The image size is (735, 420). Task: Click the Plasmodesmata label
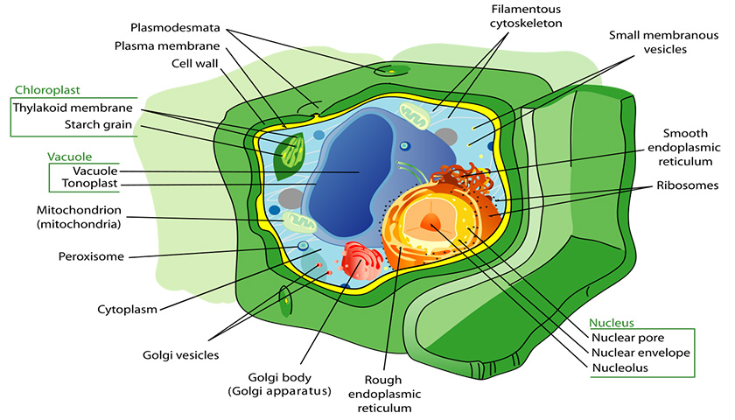[x=175, y=28]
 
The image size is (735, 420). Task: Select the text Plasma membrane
[x=167, y=45]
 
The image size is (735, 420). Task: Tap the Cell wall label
[x=194, y=63]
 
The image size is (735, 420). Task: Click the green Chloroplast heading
[x=47, y=90]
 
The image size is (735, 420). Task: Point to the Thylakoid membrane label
[x=73, y=108]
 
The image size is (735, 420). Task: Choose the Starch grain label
[x=98, y=124]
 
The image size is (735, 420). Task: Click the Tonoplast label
[x=89, y=183]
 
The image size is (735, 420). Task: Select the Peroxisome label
[x=91, y=256]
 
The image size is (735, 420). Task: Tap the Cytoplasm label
[x=127, y=310]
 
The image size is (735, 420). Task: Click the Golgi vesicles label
[x=181, y=355]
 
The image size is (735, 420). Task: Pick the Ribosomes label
[x=687, y=185]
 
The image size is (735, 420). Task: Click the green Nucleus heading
[x=612, y=323]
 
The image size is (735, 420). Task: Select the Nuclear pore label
[x=627, y=338]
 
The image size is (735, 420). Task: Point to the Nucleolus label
[x=619, y=368]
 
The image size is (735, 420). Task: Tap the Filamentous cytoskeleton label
[x=526, y=17]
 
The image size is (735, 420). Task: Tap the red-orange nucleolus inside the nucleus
[x=430, y=220]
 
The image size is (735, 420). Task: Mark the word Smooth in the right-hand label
[x=685, y=134]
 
